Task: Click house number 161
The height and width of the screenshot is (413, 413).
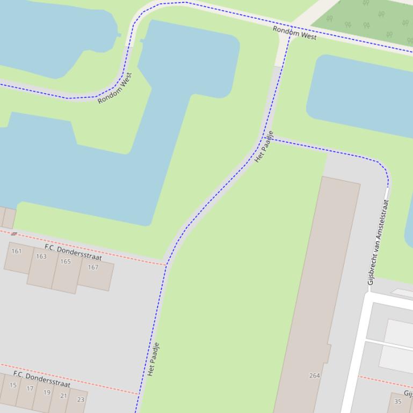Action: (17, 251)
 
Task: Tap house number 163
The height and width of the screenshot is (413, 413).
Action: (41, 256)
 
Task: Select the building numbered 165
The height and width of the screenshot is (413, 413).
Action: (66, 262)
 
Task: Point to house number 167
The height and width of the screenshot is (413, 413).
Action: (93, 267)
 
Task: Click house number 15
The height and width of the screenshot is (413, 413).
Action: (13, 385)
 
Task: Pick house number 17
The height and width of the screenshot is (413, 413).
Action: (30, 389)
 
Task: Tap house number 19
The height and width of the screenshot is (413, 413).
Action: (47, 393)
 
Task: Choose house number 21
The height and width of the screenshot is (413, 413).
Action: (63, 396)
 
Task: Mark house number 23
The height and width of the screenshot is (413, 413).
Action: (81, 400)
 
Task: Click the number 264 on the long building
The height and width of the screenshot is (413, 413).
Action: (315, 375)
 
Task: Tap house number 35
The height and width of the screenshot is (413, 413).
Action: (398, 401)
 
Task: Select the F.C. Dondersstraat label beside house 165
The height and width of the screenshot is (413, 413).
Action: (73, 252)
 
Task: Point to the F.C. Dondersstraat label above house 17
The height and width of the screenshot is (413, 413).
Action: (42, 379)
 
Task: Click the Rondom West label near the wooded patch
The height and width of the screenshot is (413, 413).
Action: (294, 33)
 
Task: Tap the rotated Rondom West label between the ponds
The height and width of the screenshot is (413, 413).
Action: (115, 88)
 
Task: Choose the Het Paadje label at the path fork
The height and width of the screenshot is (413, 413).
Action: (264, 146)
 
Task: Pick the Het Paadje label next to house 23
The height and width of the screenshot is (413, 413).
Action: (153, 359)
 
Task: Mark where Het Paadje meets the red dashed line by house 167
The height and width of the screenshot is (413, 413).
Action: (166, 264)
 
